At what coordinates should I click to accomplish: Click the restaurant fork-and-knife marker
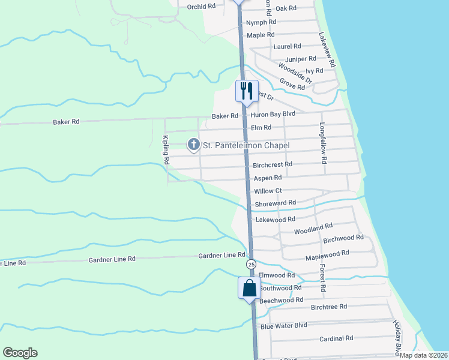(x=246, y=91)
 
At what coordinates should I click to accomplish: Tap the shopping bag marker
(x=250, y=287)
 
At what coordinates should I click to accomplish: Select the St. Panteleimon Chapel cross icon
(x=193, y=145)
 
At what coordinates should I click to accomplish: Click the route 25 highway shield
(x=250, y=264)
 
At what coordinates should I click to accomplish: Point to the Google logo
(x=20, y=353)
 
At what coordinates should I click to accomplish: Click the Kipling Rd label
(x=166, y=151)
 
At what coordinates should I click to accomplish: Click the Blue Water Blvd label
(x=284, y=326)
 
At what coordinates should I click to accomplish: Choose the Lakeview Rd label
(x=328, y=49)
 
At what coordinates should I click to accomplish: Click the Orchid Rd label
(x=200, y=7)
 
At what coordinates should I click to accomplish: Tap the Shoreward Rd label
(x=276, y=203)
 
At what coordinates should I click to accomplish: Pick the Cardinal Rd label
(x=336, y=338)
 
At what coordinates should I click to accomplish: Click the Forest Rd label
(x=322, y=278)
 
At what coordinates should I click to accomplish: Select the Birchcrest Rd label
(x=273, y=164)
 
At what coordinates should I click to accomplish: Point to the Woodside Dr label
(x=295, y=72)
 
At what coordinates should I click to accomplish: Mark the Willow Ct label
(x=268, y=191)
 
